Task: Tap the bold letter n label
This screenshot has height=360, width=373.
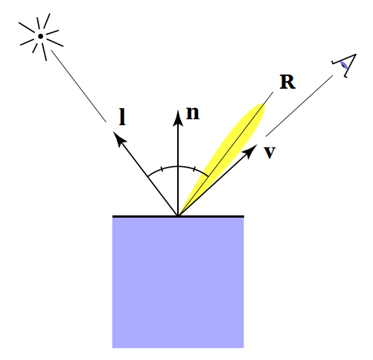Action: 193,113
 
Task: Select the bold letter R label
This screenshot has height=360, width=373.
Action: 287,82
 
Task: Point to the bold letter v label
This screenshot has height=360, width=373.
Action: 270,152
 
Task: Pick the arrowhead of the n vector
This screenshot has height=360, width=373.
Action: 178,115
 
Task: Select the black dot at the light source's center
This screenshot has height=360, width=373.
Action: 40,35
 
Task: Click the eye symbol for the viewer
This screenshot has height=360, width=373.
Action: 342,66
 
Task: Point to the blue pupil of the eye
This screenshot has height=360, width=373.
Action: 344,66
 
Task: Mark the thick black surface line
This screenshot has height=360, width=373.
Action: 141,216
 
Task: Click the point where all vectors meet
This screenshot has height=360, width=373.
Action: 178,215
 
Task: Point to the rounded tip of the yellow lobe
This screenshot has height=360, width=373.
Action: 262,106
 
